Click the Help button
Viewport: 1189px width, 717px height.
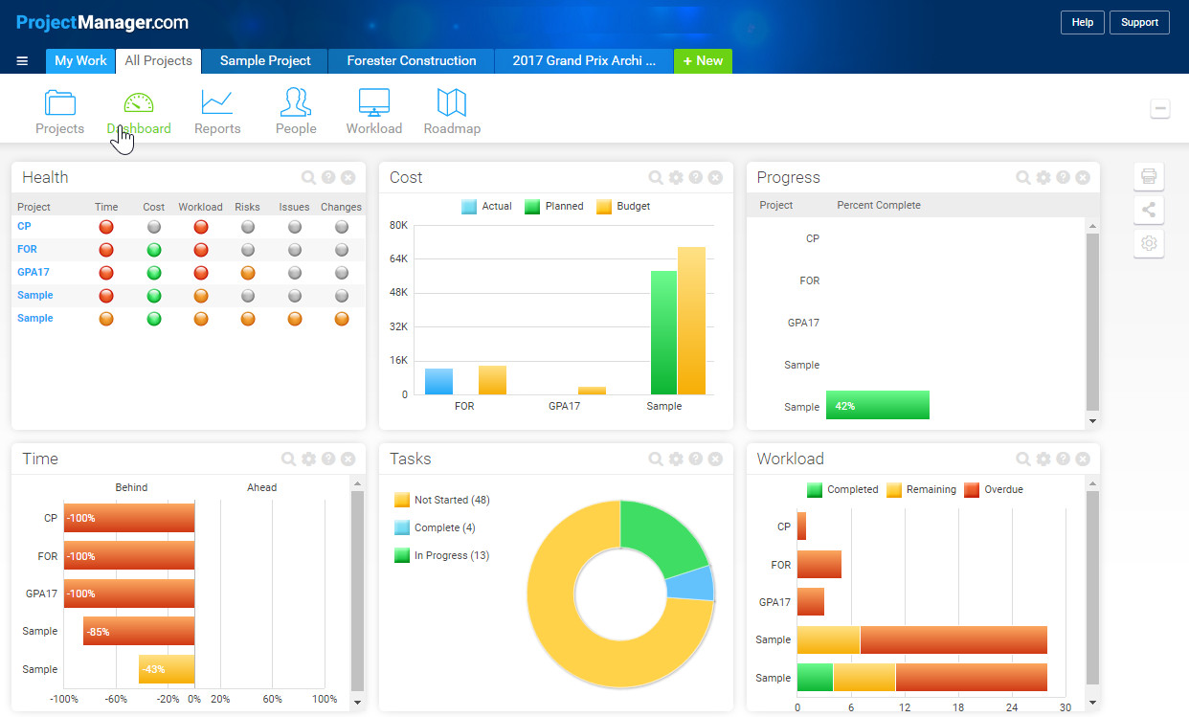(1082, 22)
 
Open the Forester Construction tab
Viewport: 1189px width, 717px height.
(411, 60)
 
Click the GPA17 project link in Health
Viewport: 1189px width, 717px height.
(27, 272)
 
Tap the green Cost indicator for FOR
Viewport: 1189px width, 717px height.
(153, 249)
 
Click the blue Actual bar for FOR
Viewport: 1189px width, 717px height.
(438, 381)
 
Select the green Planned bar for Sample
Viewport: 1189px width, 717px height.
(663, 332)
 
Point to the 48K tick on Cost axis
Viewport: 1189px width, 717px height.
(398, 292)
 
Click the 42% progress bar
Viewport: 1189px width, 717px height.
(877, 405)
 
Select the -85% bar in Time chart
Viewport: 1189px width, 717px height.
(139, 631)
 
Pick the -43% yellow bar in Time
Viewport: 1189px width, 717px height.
(167, 668)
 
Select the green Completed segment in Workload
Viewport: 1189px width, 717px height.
(815, 677)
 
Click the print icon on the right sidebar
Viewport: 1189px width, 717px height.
(1149, 176)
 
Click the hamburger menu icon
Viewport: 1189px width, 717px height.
(22, 60)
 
